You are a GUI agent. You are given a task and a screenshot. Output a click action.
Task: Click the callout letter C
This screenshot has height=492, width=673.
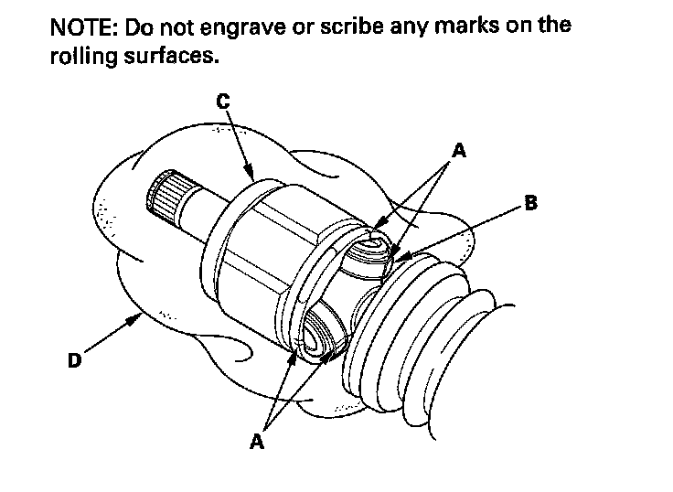pyautogui.click(x=223, y=102)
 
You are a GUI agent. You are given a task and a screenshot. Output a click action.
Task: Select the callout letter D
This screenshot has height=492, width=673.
pyautogui.click(x=75, y=361)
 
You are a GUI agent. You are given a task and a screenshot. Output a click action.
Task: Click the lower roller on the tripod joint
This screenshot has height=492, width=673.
pyautogui.click(x=322, y=335)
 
